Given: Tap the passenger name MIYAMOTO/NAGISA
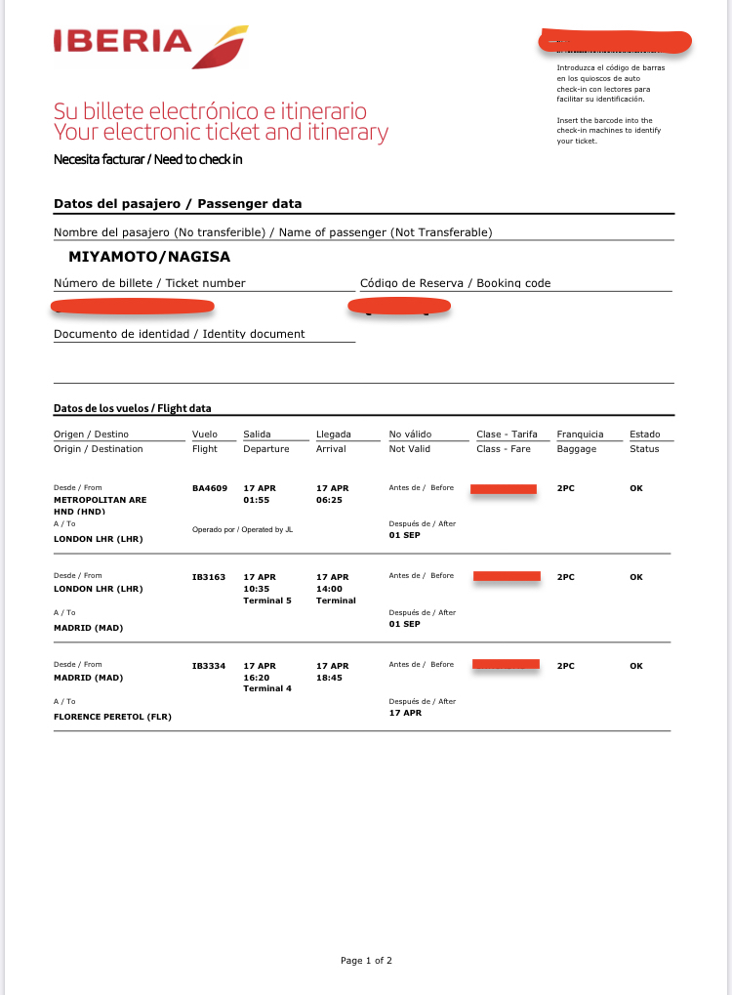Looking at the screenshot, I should click(x=149, y=257).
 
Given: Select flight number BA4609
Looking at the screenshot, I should click(x=210, y=488).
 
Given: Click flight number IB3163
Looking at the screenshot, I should click(x=209, y=577).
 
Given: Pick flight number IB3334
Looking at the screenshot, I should click(x=209, y=666).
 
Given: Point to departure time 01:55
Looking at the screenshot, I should click(x=256, y=500).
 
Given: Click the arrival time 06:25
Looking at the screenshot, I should click(x=329, y=500).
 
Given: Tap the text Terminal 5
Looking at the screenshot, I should click(x=267, y=601).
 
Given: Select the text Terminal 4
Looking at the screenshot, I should click(x=267, y=689).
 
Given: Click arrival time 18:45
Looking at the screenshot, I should click(x=329, y=678).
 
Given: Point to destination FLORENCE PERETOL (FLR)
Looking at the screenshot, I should click(x=112, y=717).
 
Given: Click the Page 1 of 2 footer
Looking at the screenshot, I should click(x=366, y=961).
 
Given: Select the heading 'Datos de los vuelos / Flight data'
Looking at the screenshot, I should click(x=133, y=408).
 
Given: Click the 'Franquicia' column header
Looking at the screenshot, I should click(x=580, y=435).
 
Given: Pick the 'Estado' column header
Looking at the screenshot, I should click(x=644, y=435).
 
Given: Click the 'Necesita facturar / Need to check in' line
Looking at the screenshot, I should click(x=148, y=159).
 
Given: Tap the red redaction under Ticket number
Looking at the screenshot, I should click(x=132, y=306).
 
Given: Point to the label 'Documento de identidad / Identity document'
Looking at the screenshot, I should click(x=180, y=334).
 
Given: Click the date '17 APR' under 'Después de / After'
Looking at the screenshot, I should click(x=405, y=713).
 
